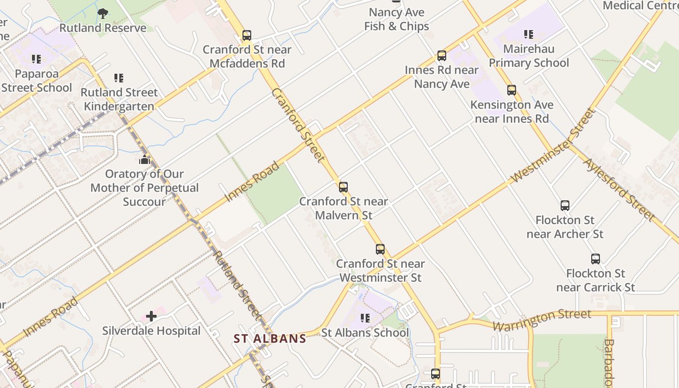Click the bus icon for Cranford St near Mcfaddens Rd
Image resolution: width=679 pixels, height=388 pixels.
click(x=247, y=35)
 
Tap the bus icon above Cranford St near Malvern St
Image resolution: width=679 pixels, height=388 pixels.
click(x=343, y=187)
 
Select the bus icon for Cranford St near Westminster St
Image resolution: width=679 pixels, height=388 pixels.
click(x=380, y=249)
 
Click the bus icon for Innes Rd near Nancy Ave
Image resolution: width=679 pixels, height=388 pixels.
click(x=442, y=56)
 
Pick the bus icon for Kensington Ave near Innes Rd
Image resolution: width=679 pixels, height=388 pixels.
click(x=512, y=90)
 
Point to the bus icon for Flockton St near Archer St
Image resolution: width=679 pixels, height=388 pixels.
click(x=565, y=206)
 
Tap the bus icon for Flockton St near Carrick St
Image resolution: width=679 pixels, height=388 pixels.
click(x=596, y=259)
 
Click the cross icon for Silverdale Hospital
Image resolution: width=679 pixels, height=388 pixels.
click(x=151, y=317)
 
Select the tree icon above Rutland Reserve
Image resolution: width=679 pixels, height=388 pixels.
click(x=102, y=14)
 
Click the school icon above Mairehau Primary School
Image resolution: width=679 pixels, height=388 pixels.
click(x=529, y=34)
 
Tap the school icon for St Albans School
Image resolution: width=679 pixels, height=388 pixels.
click(x=365, y=318)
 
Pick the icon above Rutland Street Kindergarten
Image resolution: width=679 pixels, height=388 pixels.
click(x=119, y=78)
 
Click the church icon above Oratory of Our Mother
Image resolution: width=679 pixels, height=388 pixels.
click(x=145, y=160)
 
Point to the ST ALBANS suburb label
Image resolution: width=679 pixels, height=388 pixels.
click(x=270, y=339)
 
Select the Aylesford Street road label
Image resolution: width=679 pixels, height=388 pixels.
click(x=619, y=189)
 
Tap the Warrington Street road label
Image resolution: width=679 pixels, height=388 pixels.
click(x=542, y=320)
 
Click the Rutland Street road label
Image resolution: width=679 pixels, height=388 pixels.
click(x=238, y=285)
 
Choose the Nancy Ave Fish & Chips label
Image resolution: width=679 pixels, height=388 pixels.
click(x=397, y=19)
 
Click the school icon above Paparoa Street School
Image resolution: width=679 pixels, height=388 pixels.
click(x=36, y=59)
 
